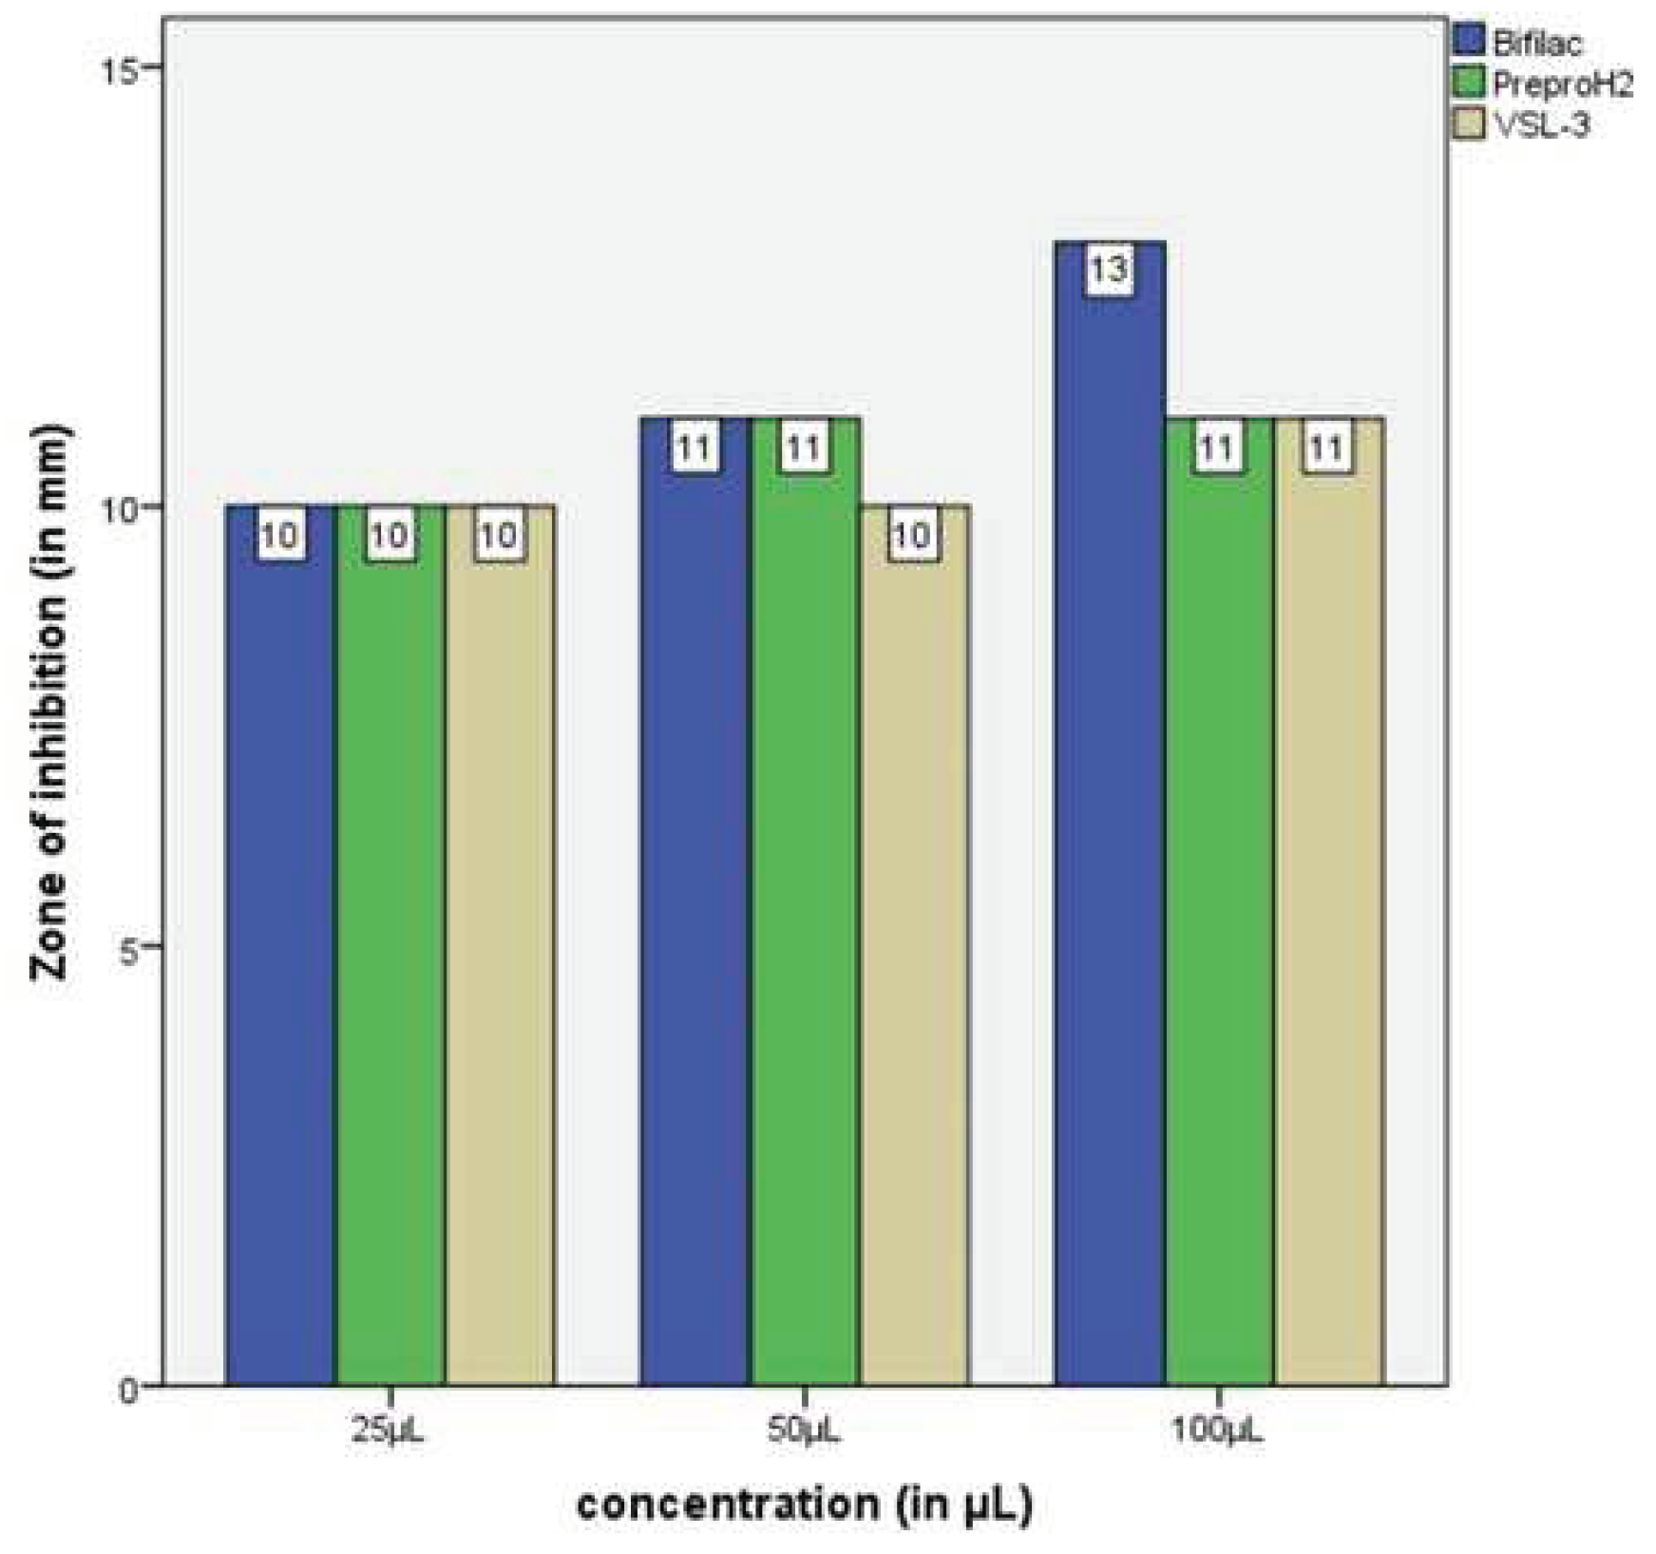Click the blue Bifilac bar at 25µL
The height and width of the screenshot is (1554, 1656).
pyautogui.click(x=279, y=950)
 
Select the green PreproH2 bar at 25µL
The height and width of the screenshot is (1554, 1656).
pyautogui.click(x=390, y=950)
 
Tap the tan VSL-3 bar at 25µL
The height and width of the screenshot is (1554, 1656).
pyautogui.click(x=500, y=950)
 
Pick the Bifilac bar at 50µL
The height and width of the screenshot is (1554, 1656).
pyautogui.click(x=695, y=902)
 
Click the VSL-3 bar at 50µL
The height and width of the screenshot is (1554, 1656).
pyautogui.click(x=914, y=950)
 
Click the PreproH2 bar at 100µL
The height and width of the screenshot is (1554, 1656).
pyautogui.click(x=1219, y=902)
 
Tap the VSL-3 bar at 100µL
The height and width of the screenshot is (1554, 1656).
pyautogui.click(x=1329, y=902)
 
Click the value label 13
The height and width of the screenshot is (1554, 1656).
pyautogui.click(x=1110, y=271)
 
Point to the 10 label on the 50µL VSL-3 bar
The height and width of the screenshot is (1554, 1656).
pyautogui.click(x=913, y=537)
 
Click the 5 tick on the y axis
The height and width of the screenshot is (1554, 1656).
pyautogui.click(x=130, y=947)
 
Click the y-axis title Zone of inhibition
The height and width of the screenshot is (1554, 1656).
pyautogui.click(x=49, y=703)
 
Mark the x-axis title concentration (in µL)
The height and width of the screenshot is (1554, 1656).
pyautogui.click(x=804, y=1506)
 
